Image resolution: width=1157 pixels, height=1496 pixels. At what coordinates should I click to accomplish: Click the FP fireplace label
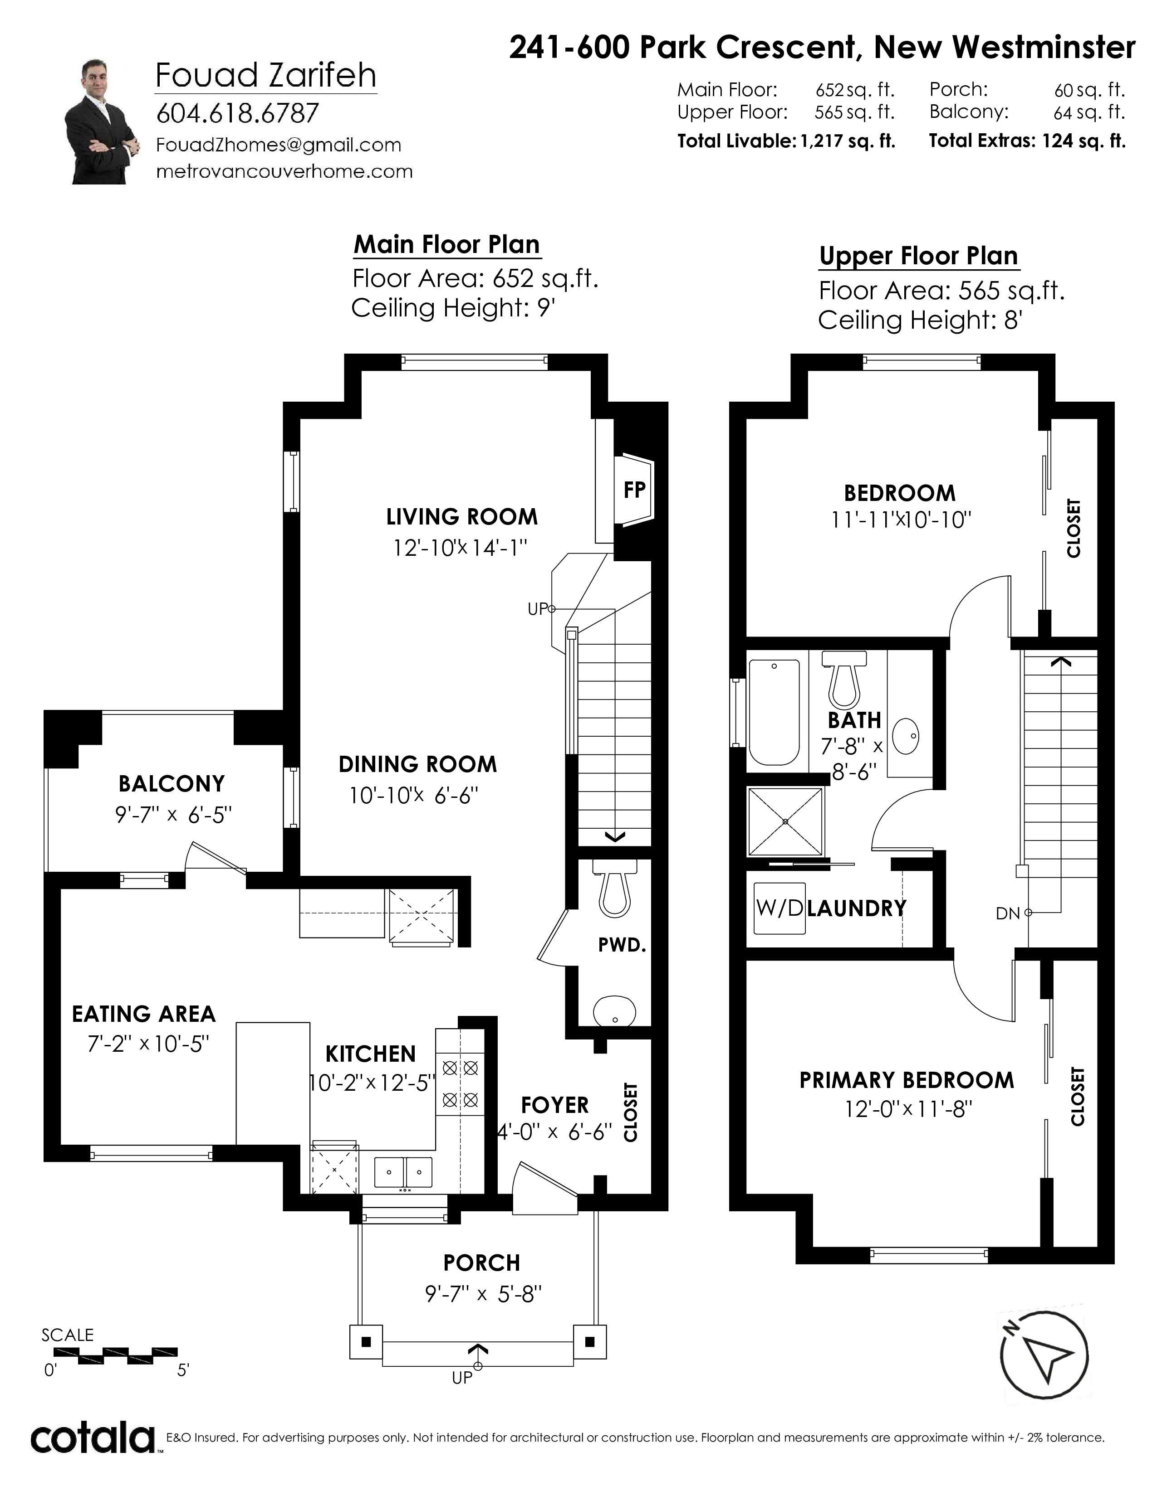coord(634,490)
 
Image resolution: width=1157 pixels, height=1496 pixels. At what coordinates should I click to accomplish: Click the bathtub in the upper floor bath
coord(775,712)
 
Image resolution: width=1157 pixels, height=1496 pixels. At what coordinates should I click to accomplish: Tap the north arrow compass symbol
coord(1044,1356)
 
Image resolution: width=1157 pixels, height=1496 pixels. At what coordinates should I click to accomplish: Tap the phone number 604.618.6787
coord(238,113)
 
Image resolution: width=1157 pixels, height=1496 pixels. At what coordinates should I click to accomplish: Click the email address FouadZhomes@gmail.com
coord(279,145)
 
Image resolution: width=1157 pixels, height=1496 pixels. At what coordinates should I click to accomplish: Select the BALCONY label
coord(172,784)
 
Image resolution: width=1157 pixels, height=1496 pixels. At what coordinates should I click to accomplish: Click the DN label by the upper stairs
coord(1008,913)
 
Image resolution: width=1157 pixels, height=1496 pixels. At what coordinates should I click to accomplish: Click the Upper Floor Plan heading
coord(918,256)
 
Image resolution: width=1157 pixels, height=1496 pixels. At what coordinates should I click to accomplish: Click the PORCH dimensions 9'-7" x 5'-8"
coord(483,1295)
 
